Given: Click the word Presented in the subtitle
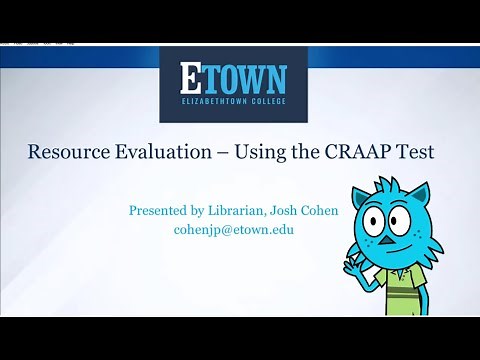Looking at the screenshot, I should point(161,211).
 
